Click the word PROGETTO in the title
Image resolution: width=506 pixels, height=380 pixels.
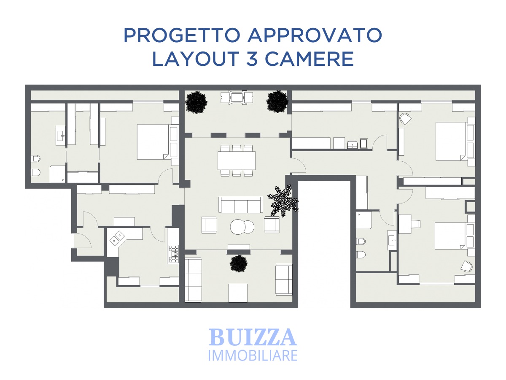click(x=182, y=35)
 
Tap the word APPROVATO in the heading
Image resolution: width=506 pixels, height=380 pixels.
click(x=315, y=35)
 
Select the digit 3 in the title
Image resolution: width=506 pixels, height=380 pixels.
click(x=251, y=58)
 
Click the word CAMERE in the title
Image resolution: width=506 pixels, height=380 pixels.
click(x=310, y=58)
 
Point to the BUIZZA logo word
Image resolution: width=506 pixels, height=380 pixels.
click(x=253, y=337)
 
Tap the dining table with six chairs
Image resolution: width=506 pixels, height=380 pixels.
click(x=237, y=160)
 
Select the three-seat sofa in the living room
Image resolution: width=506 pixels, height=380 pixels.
click(x=241, y=205)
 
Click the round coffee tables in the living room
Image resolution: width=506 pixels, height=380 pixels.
click(x=242, y=227)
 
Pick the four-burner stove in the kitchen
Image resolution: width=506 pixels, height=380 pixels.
click(x=174, y=254)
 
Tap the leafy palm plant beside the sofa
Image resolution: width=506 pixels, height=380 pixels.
click(x=283, y=200)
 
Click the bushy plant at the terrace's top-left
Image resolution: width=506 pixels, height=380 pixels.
click(x=196, y=102)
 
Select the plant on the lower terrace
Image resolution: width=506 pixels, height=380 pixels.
click(x=238, y=263)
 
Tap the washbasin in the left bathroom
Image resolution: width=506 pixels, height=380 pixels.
click(x=60, y=135)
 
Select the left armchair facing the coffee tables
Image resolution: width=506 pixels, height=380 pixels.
click(x=209, y=225)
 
